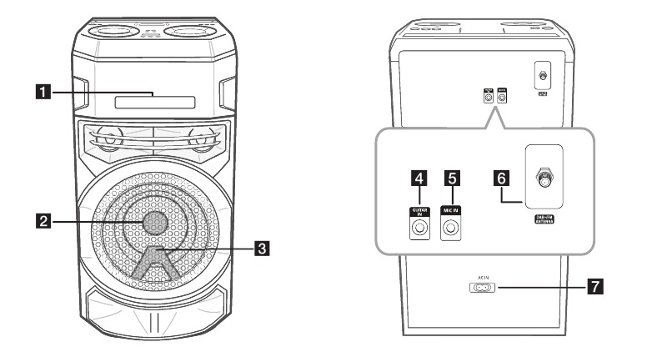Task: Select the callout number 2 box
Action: click(55, 221)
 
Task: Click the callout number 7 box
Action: click(594, 288)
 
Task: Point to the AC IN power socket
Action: click(482, 289)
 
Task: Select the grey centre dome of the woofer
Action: click(154, 221)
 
